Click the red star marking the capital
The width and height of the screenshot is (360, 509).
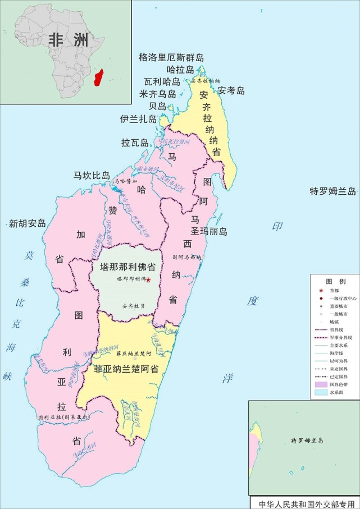coord(148,279)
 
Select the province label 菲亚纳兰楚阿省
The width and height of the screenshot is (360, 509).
coord(126,369)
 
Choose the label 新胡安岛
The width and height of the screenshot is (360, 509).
coord(27,224)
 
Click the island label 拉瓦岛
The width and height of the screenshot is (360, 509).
coord(135,143)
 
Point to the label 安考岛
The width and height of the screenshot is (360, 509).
coord(231,90)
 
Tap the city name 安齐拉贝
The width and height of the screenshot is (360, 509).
coord(134,306)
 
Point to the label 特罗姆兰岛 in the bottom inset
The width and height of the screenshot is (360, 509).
coord(303,441)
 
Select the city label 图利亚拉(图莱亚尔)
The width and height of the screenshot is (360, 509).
coord(63,418)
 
